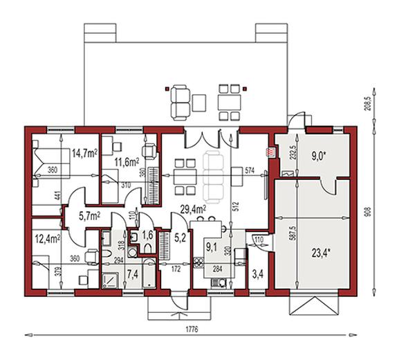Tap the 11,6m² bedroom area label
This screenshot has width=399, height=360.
click(x=125, y=163)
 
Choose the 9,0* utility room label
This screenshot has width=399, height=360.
click(x=317, y=156)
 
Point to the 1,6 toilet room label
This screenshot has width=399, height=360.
click(x=147, y=235)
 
